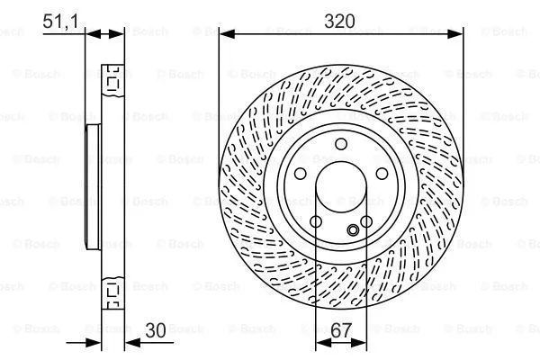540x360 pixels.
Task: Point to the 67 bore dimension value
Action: [x=341, y=330]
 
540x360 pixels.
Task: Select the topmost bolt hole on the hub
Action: [x=340, y=145]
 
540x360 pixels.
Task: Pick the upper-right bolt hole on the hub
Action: [x=381, y=174]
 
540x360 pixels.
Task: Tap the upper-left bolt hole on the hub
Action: [x=301, y=174]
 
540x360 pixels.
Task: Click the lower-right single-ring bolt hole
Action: [x=366, y=222]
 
